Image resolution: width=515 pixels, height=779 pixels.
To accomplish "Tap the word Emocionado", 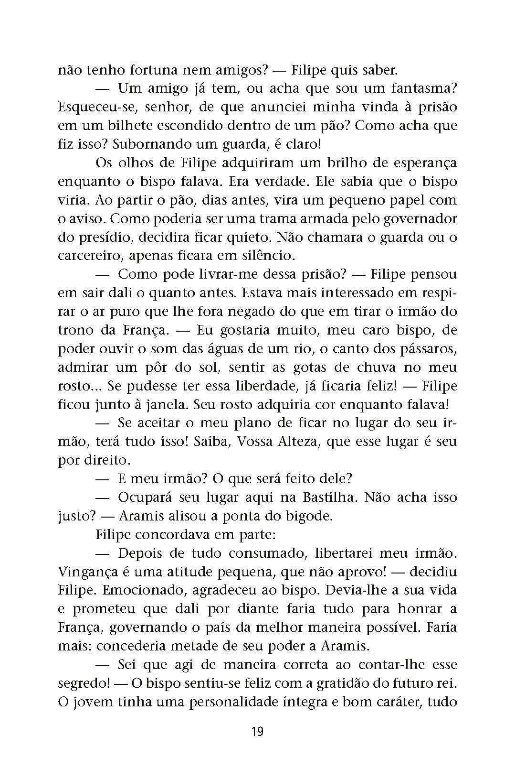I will pos(151,591).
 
